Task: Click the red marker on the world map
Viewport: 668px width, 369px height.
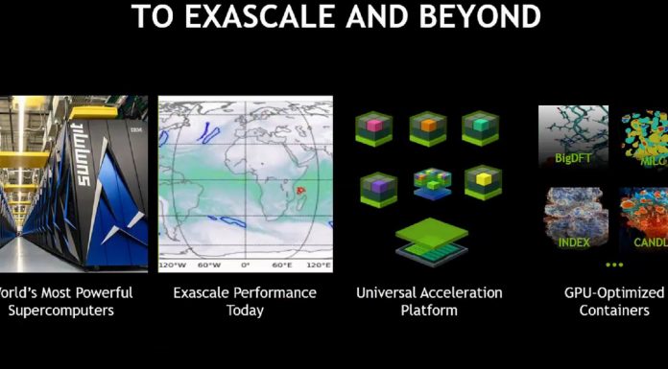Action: (x=299, y=191)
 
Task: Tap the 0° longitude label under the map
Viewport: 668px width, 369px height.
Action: (x=245, y=265)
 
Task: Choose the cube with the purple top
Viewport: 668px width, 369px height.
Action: (x=378, y=186)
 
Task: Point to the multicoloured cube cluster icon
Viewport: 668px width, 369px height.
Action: (x=430, y=181)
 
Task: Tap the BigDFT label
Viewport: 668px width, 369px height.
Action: (x=572, y=156)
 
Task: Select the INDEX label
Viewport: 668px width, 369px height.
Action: (x=574, y=242)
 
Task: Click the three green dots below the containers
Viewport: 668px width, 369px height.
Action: (x=615, y=264)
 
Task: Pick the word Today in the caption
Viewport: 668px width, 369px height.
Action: (x=245, y=310)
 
